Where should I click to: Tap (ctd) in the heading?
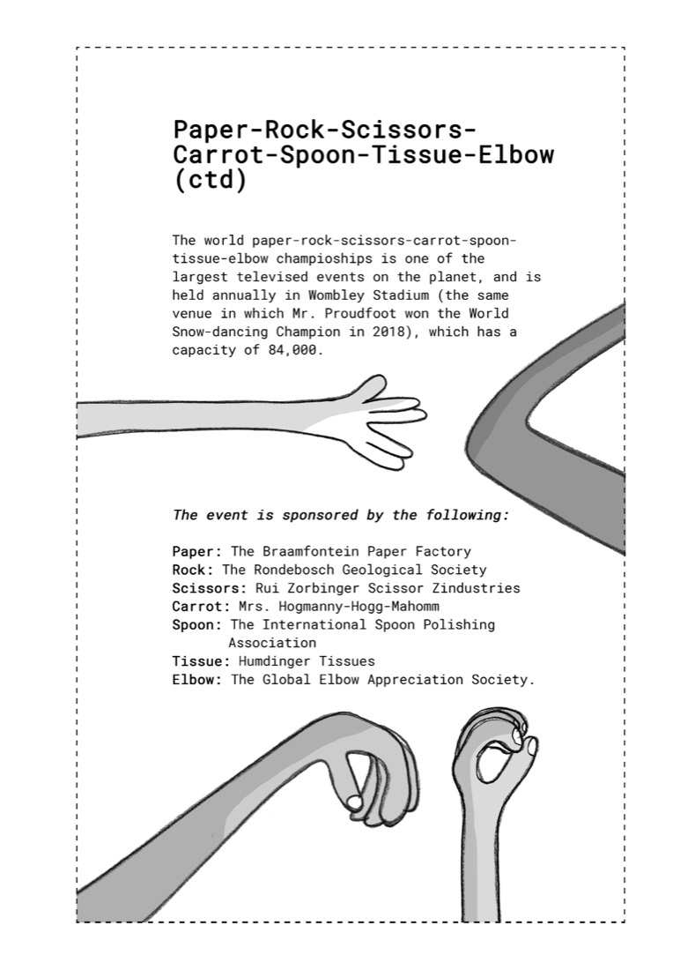[x=210, y=180]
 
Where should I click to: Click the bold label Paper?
[x=196, y=552]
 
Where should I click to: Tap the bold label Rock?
[x=193, y=570]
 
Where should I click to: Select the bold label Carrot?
[x=201, y=607]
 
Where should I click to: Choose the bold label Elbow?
[x=196, y=680]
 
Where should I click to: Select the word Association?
[x=272, y=643]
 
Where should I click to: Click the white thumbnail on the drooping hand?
[x=354, y=802]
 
